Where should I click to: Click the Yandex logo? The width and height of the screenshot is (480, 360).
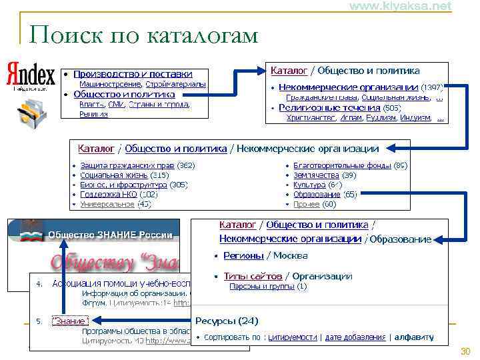point(30,75)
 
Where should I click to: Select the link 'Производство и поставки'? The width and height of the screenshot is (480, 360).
point(133,74)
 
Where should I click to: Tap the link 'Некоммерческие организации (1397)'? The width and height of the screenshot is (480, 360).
point(348,87)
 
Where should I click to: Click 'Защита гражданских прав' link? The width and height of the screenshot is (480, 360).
point(127,165)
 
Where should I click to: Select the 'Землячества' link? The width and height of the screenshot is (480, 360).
point(317,175)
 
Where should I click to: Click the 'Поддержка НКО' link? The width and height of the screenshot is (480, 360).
point(109,195)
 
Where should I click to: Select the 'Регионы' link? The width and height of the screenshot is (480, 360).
point(243,255)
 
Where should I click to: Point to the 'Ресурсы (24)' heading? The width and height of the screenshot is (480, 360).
point(227,321)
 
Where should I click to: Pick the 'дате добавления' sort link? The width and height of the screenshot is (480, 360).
point(355,337)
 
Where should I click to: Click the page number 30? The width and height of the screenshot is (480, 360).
point(465,351)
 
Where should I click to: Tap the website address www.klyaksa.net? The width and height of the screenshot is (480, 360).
point(400,6)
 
